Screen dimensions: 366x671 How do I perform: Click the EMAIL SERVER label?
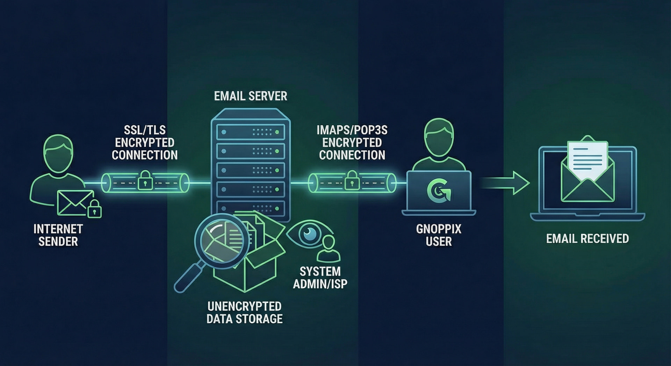[x=251, y=96]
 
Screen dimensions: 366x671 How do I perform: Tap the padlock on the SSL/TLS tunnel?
[x=145, y=180]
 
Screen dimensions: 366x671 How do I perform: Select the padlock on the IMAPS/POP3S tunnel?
[x=352, y=180]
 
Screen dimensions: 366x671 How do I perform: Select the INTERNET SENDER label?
[x=58, y=235]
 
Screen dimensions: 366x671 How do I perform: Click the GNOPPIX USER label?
[x=439, y=235]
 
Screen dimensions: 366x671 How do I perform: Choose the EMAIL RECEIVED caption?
[x=587, y=239]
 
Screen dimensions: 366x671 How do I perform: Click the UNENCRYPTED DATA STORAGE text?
[x=244, y=313]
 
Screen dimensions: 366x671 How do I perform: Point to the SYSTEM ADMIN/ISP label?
[x=320, y=278]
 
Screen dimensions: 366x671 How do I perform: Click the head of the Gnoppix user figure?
[x=439, y=137]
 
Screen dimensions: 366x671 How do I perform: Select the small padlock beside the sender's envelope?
[x=94, y=209]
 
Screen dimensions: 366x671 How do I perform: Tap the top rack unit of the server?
[x=251, y=132]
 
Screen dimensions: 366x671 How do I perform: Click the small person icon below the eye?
[x=329, y=249]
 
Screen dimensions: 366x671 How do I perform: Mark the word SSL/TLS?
[x=145, y=130]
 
